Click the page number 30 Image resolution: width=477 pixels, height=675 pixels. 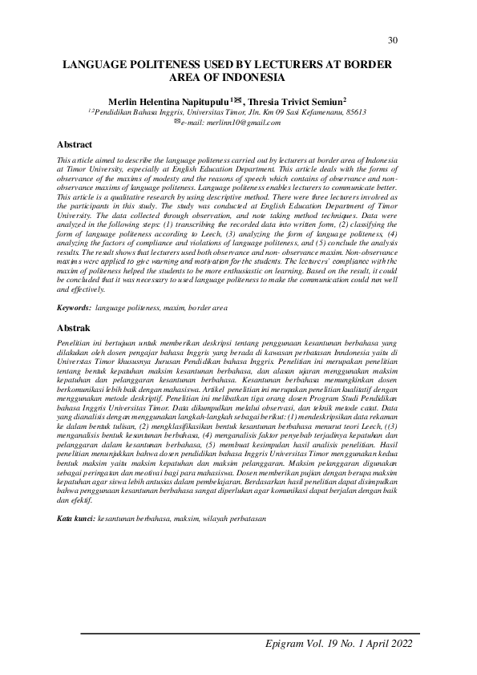point(392,40)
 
